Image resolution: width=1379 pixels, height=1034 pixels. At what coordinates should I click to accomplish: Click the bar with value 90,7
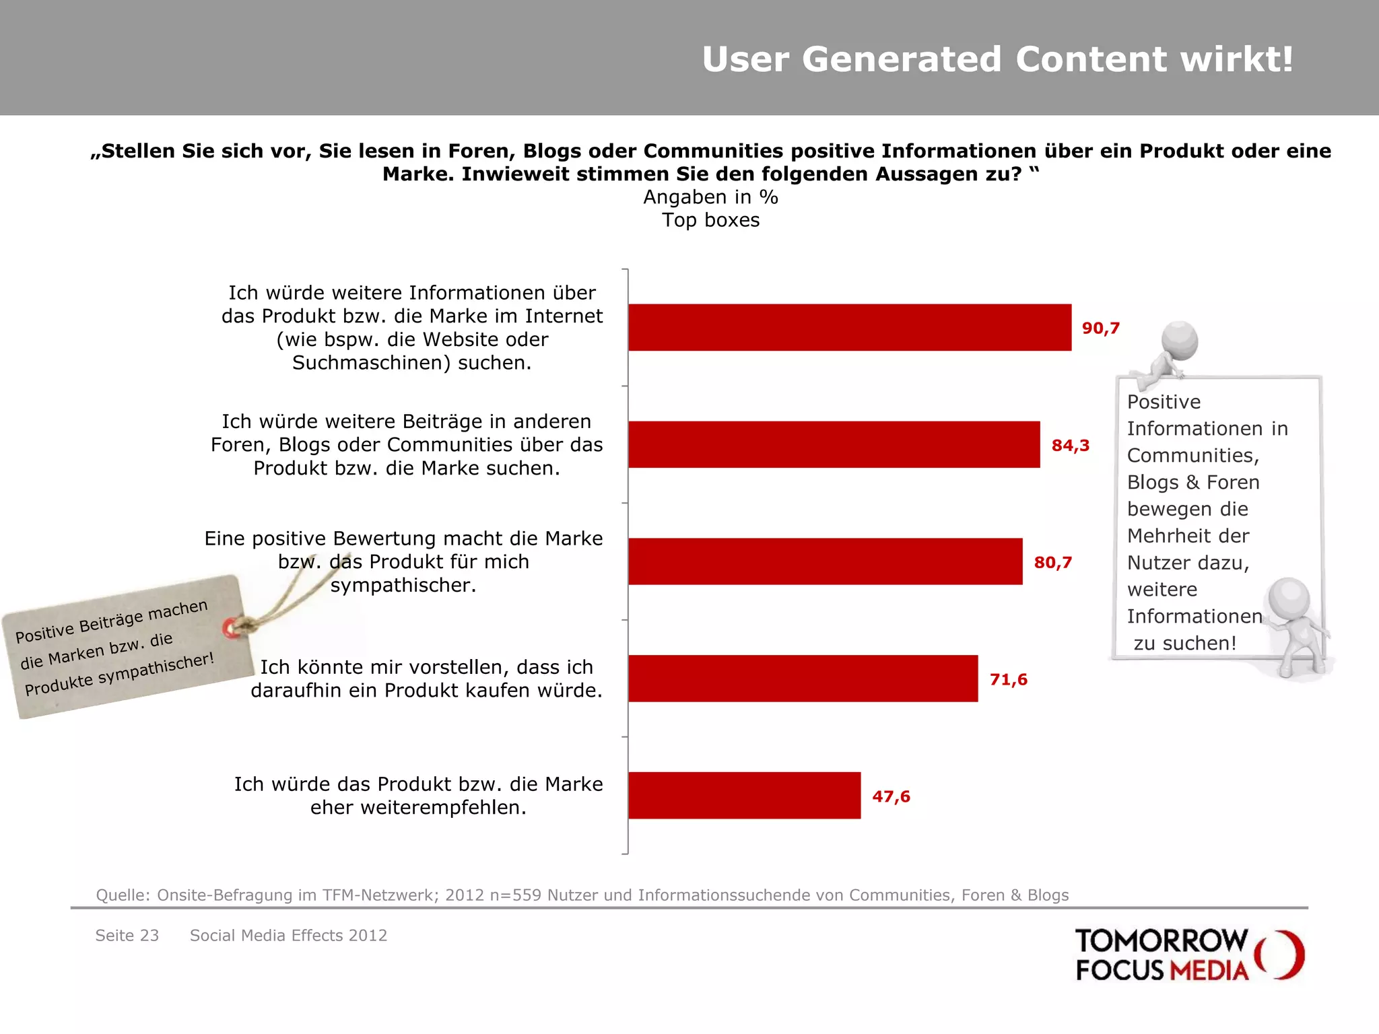tap(850, 327)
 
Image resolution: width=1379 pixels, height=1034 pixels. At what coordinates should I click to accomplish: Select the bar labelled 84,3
tap(834, 444)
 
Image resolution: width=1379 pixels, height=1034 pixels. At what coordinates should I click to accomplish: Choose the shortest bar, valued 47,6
tap(744, 795)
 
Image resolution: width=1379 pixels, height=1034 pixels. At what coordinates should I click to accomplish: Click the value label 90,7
tap(1100, 329)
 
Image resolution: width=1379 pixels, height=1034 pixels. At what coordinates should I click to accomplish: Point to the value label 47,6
tap(891, 796)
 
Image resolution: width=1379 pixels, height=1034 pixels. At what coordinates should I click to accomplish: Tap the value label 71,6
tap(1008, 679)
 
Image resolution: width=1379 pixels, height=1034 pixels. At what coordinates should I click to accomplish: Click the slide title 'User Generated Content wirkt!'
tap(997, 59)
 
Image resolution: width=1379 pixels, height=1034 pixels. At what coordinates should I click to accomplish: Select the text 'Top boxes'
tap(710, 220)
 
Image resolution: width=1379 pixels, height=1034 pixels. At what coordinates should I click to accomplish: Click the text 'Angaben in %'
tap(710, 197)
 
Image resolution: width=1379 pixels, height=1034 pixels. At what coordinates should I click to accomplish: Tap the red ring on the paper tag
tap(230, 627)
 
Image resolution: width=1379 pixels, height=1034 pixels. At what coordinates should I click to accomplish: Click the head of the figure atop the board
tap(1180, 340)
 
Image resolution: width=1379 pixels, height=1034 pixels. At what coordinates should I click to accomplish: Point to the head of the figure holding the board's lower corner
tap(1287, 596)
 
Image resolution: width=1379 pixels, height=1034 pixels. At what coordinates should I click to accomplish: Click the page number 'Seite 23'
tap(127, 935)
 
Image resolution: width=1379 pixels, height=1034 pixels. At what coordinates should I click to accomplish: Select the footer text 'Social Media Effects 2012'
tap(288, 935)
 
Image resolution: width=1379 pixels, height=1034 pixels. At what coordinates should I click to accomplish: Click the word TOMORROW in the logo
tap(1161, 941)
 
